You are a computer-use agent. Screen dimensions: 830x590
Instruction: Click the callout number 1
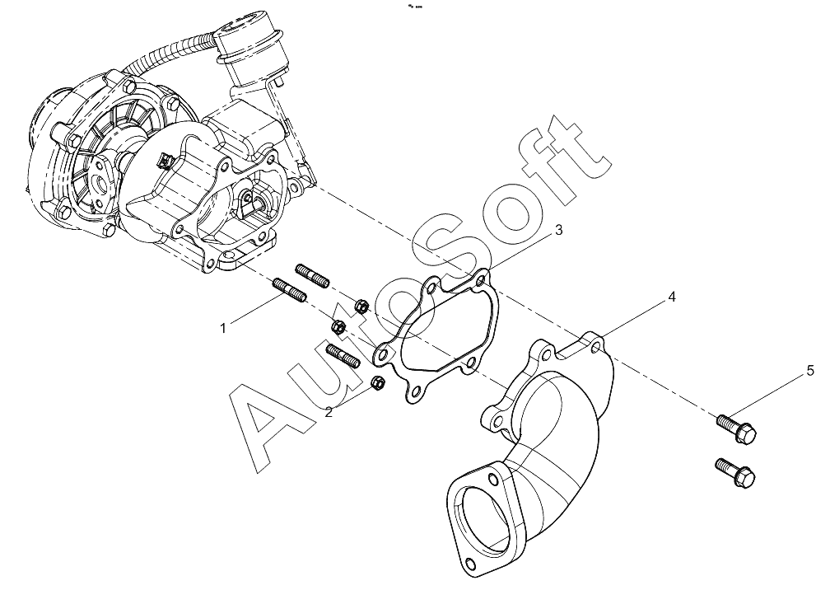[x=223, y=328]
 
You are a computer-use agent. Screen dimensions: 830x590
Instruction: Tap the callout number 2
[x=329, y=412]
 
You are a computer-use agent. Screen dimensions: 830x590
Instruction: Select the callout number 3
[x=558, y=231]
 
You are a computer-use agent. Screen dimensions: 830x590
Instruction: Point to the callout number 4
[x=672, y=297]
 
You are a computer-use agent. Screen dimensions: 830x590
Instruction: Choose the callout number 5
[x=810, y=371]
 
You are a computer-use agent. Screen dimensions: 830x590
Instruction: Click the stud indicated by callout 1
[x=290, y=292]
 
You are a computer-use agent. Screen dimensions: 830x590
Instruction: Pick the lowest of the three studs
[x=343, y=355]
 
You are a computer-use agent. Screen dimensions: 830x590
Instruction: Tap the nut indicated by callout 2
[x=378, y=382]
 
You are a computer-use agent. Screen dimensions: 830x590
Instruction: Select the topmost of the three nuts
[x=361, y=306]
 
